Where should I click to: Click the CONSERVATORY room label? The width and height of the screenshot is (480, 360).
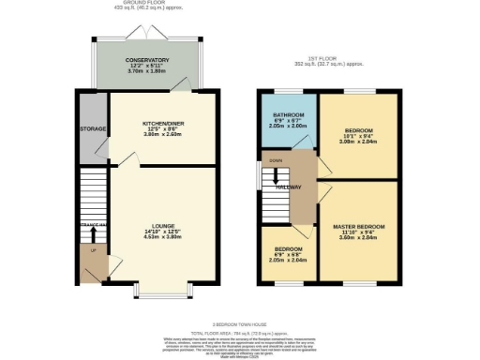coord(146,59)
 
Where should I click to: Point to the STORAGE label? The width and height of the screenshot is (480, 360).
coord(92,128)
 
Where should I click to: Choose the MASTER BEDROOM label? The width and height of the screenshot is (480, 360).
coord(358,226)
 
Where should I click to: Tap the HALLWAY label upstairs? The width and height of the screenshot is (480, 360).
coord(288,187)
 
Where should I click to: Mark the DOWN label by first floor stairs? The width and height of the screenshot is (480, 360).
coord(275,160)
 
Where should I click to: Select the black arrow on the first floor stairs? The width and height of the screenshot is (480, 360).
coord(276,177)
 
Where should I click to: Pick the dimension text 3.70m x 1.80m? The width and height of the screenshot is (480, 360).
coord(146,70)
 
